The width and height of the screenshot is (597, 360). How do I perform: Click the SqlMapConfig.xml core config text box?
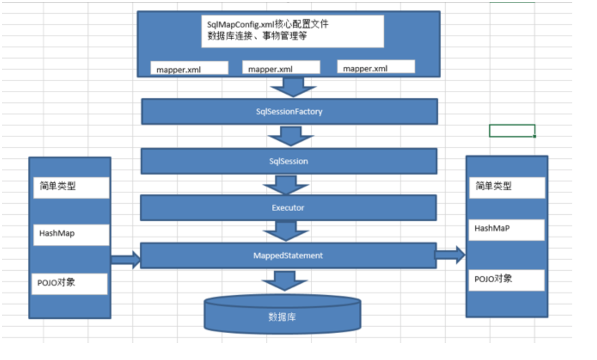[292, 31]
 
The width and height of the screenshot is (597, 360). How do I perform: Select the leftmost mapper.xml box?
[190, 68]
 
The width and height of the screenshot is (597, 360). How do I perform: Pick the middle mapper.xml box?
[281, 67]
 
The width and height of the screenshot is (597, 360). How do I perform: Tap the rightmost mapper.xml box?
[376, 67]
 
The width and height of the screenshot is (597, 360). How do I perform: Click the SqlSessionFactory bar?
[289, 112]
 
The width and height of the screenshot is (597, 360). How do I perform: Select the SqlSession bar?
[289, 162]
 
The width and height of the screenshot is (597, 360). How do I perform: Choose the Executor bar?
[288, 208]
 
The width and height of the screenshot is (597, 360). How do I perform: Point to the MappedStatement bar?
[288, 256]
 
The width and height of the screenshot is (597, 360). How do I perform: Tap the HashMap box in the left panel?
[70, 234]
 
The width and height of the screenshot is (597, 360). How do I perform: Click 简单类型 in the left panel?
[70, 187]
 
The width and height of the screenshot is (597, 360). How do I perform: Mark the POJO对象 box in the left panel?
[70, 284]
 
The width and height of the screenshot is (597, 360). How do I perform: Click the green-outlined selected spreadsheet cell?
[512, 130]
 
